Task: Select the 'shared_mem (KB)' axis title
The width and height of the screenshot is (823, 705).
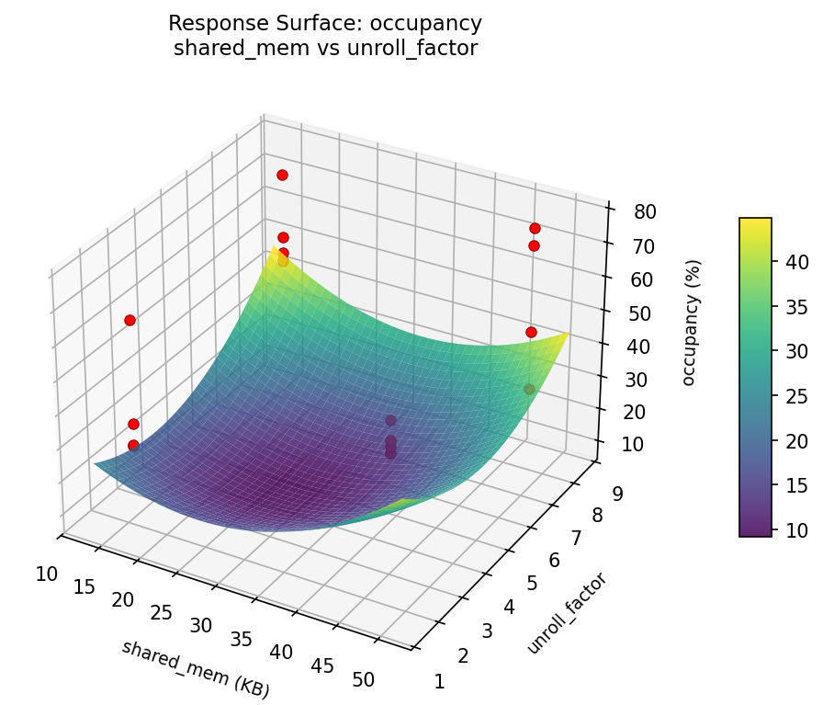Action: [195, 668]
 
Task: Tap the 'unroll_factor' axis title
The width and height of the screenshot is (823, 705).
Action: [567, 613]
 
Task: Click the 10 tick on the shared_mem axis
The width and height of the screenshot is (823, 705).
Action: [47, 574]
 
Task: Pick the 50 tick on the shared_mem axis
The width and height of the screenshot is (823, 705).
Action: [363, 680]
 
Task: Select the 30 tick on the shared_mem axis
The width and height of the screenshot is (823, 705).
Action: [201, 626]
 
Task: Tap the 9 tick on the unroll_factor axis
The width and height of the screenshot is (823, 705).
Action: [617, 494]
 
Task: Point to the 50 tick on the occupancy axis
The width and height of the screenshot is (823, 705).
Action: [641, 313]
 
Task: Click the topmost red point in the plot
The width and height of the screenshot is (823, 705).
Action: [282, 175]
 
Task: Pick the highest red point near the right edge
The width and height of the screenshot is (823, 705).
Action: [535, 228]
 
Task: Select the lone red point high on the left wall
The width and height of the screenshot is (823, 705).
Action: [130, 320]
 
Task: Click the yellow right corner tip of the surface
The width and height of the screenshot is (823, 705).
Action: [569, 335]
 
